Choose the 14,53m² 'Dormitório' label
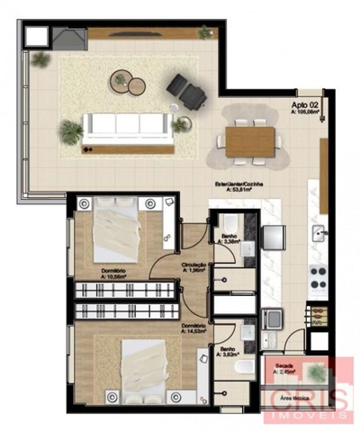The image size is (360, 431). (x=195, y=328)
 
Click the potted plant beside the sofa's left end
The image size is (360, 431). (x=71, y=131)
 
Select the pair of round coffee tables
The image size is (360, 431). (x=128, y=84)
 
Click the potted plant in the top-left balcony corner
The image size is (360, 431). (x=40, y=59)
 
